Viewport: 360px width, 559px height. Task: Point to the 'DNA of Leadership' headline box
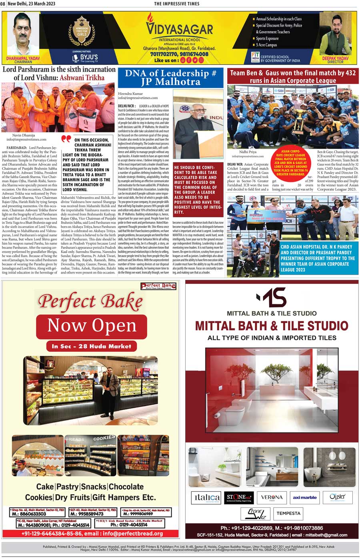click(170, 78)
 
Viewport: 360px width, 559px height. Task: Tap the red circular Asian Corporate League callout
click(290, 163)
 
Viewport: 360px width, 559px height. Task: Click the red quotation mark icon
click(66, 140)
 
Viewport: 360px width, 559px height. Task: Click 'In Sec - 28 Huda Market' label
click(92, 346)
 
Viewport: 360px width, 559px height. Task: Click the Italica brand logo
click(206, 497)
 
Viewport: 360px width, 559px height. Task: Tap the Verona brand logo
click(272, 497)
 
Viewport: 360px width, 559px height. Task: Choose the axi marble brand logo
click(304, 497)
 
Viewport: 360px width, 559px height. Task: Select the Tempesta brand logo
click(288, 513)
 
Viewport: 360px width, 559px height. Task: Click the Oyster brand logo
click(337, 497)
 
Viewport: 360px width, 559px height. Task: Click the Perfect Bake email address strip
click(92, 533)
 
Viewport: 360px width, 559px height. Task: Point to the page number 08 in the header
click(3, 4)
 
